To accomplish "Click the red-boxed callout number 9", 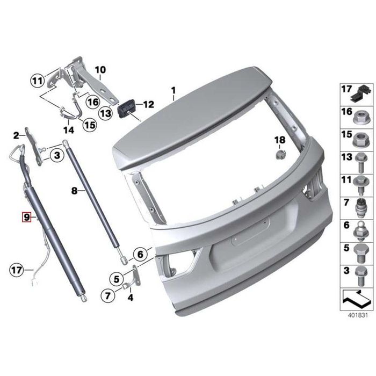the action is (27, 217).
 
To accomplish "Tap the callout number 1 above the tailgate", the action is (173, 91).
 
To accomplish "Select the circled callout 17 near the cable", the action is (17, 270).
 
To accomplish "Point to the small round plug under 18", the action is (280, 155).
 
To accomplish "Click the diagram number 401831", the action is (358, 315).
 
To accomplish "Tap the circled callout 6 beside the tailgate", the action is (140, 254).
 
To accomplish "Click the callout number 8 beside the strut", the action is (75, 191).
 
